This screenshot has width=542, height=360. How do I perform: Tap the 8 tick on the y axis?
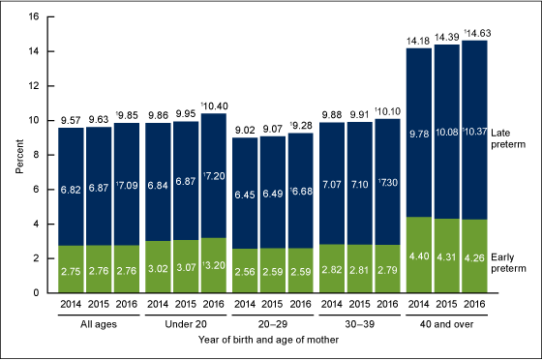[35, 155]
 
